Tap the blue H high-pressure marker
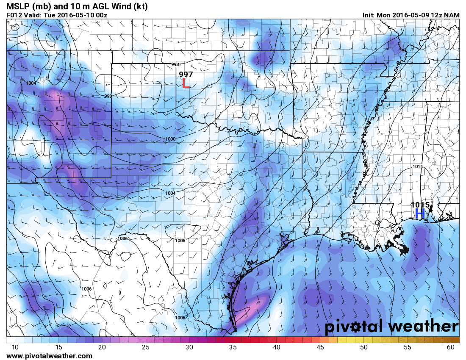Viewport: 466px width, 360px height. click(x=420, y=214)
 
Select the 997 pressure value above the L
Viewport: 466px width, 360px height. click(x=186, y=74)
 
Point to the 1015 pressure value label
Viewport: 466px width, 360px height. click(x=420, y=205)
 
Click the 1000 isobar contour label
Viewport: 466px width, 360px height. click(x=171, y=139)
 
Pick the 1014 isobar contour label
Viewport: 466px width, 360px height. click(x=417, y=167)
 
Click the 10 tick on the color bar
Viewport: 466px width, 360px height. click(x=15, y=347)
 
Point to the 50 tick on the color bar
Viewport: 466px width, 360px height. click(x=364, y=347)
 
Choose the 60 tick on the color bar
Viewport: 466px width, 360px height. click(x=451, y=347)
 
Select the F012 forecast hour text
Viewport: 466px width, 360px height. click(x=14, y=15)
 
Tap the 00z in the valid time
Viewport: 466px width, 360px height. click(x=100, y=15)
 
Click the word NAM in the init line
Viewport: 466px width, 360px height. click(x=452, y=15)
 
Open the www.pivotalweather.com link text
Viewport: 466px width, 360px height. click(x=50, y=356)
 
